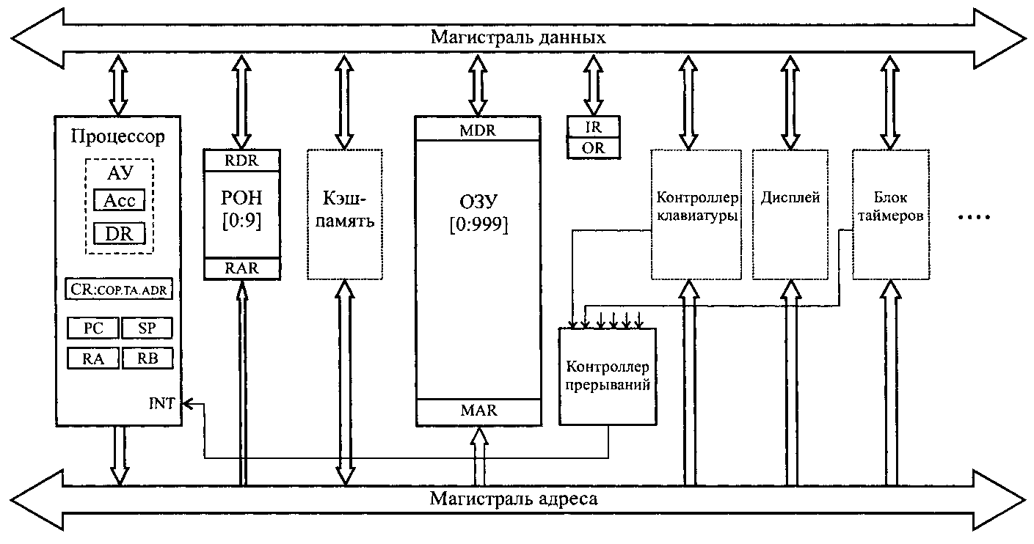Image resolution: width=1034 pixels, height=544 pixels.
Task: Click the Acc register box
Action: [119, 200]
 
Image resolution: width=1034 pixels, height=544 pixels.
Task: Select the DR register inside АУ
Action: [119, 233]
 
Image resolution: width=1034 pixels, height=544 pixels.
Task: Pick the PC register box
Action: [92, 328]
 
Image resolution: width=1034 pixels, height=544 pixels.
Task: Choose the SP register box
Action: [146, 328]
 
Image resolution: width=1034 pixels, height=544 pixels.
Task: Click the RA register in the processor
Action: [92, 358]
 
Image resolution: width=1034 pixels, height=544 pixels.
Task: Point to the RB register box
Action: [146, 358]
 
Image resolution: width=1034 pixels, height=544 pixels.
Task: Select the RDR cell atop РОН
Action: [241, 159]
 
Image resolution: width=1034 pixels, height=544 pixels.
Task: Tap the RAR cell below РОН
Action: [241, 268]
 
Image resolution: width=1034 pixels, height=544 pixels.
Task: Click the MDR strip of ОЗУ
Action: [477, 130]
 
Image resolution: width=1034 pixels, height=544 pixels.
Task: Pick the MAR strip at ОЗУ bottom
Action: [477, 411]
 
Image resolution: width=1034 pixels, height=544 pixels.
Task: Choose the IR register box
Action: [594, 126]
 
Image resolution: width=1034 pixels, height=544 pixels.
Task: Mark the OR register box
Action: [594, 149]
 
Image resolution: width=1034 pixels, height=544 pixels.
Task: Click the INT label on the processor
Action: [163, 403]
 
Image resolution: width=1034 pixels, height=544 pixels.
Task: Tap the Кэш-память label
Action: [345, 210]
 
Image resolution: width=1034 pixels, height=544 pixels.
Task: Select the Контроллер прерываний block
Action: [607, 375]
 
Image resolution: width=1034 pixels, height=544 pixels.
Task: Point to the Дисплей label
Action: [790, 198]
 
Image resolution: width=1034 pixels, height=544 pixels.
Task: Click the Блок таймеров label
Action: [890, 207]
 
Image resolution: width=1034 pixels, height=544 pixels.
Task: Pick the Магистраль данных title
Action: [517, 37]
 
